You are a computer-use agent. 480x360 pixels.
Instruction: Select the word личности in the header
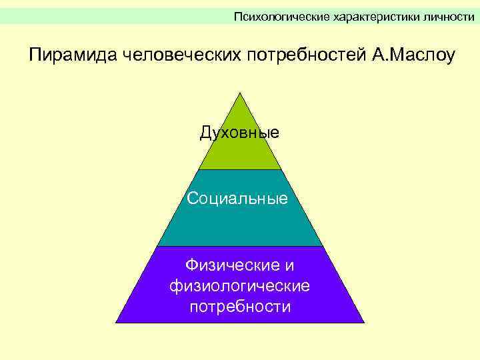pyautogui.click(x=449, y=16)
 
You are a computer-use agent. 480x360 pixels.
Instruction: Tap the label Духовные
pyautogui.click(x=240, y=133)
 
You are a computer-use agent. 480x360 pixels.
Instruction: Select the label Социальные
pyautogui.click(x=238, y=198)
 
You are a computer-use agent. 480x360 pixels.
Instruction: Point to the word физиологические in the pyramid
pyautogui.click(x=240, y=286)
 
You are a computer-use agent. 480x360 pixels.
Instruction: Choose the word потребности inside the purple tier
pyautogui.click(x=240, y=307)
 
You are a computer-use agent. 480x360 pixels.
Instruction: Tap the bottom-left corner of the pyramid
pyautogui.click(x=117, y=323)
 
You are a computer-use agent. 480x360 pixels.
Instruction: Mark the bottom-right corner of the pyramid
pyautogui.click(x=363, y=323)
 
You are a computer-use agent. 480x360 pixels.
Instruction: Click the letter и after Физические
pyautogui.click(x=289, y=265)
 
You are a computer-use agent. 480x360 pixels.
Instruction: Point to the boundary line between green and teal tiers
pyautogui.click(x=240, y=169)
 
